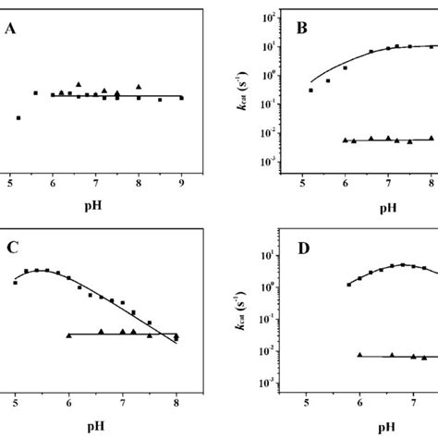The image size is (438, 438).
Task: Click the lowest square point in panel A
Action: pyautogui.click(x=18, y=117)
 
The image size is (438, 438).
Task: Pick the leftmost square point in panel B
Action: pyautogui.click(x=311, y=90)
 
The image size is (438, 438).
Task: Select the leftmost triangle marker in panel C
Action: pyautogui.click(x=69, y=335)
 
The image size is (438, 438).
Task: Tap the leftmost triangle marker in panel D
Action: pyautogui.click(x=359, y=354)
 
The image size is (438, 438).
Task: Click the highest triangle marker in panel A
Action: pyautogui.click(x=79, y=84)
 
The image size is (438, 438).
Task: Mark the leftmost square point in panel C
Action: pyautogui.click(x=16, y=283)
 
